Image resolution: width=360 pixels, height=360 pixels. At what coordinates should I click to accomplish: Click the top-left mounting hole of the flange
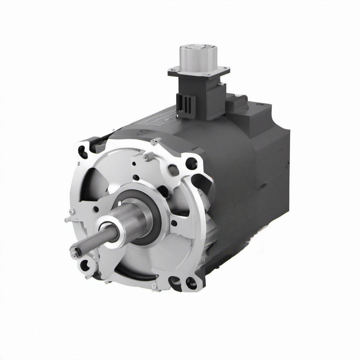(83, 152)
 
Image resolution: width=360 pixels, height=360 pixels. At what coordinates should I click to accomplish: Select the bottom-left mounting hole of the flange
(85, 266)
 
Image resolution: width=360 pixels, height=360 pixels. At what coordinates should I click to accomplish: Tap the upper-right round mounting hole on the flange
(191, 163)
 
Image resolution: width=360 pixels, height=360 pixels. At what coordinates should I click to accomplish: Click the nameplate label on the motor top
(155, 120)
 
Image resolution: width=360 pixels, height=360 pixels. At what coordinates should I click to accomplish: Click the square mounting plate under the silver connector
(199, 72)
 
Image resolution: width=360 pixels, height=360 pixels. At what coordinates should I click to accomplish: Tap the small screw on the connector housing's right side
(221, 84)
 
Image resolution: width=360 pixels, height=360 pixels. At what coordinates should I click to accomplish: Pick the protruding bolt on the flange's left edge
(67, 220)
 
